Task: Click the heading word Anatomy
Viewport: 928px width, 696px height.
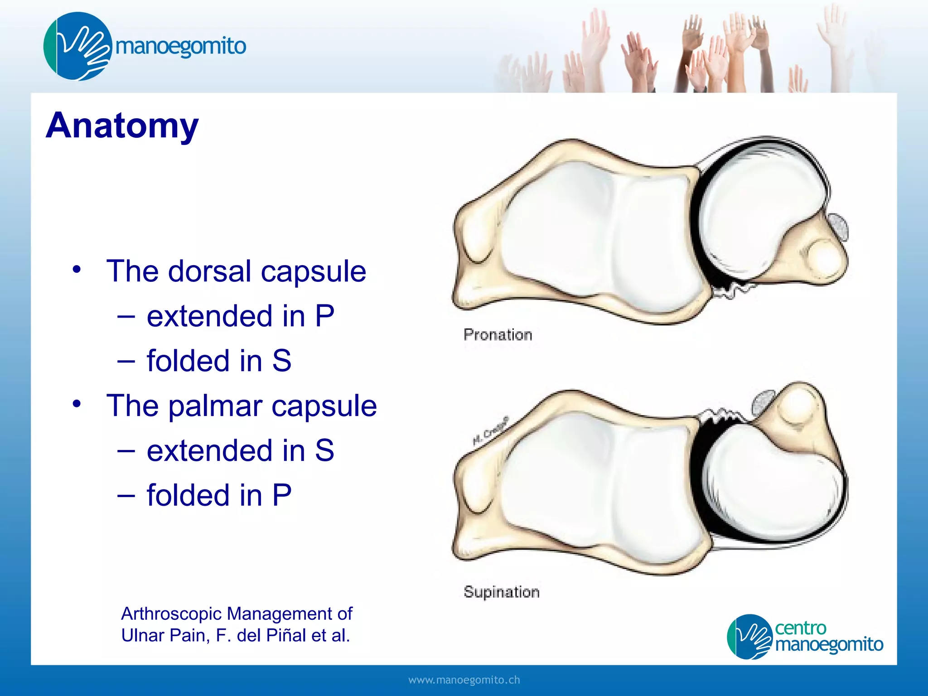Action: click(x=122, y=126)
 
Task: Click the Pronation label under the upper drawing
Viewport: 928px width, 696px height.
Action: click(x=498, y=335)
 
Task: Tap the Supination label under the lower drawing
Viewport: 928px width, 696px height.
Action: click(x=501, y=592)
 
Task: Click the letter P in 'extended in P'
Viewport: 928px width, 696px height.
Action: click(x=324, y=316)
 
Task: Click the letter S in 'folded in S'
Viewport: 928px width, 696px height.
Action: click(x=281, y=361)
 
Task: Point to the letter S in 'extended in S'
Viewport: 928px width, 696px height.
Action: click(x=324, y=450)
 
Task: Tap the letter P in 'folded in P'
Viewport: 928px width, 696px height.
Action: click(x=281, y=495)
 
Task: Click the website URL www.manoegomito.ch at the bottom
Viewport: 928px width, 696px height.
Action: click(x=464, y=680)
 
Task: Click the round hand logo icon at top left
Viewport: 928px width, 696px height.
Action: click(x=77, y=46)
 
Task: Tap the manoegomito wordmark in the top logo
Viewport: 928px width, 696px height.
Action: click(x=180, y=46)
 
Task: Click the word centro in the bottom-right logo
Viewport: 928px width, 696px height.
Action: click(x=800, y=628)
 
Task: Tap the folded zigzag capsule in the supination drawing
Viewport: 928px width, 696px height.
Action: click(x=721, y=416)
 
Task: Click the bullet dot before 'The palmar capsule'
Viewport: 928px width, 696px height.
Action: click(x=77, y=403)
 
